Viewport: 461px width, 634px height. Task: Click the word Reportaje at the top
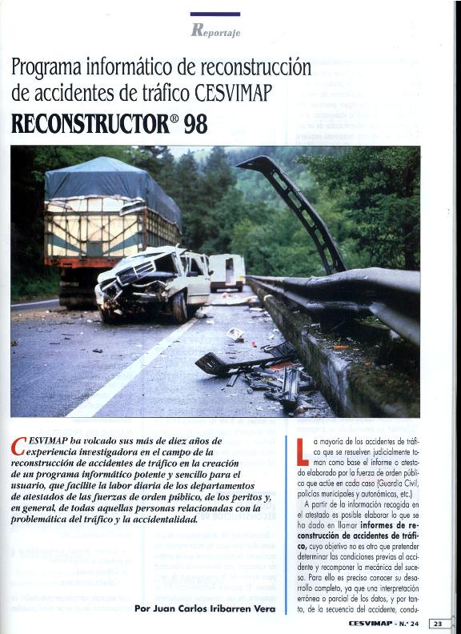click(216, 31)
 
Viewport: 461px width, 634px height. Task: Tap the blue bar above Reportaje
click(215, 14)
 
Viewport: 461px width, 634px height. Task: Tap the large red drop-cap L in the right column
click(303, 451)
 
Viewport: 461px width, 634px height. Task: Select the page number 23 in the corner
click(439, 623)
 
